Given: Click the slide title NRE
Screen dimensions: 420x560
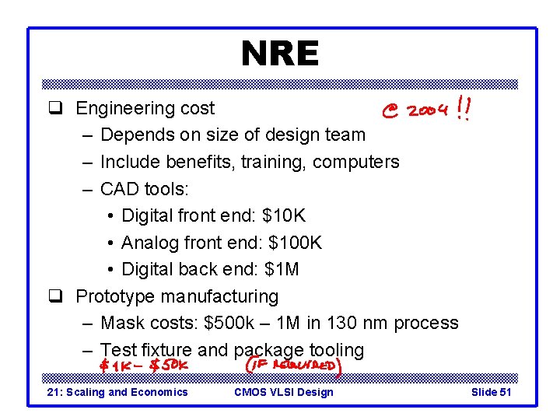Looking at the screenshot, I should (279, 54).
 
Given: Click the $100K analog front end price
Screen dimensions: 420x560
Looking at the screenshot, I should (295, 243).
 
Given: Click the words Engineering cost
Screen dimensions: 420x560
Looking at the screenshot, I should (145, 108).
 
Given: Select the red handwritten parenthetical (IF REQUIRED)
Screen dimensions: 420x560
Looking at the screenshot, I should (292, 365).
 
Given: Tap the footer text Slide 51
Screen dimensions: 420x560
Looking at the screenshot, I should (491, 392).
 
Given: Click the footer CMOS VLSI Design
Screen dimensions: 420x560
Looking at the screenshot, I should (283, 392).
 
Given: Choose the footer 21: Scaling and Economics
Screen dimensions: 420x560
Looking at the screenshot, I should (118, 392).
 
